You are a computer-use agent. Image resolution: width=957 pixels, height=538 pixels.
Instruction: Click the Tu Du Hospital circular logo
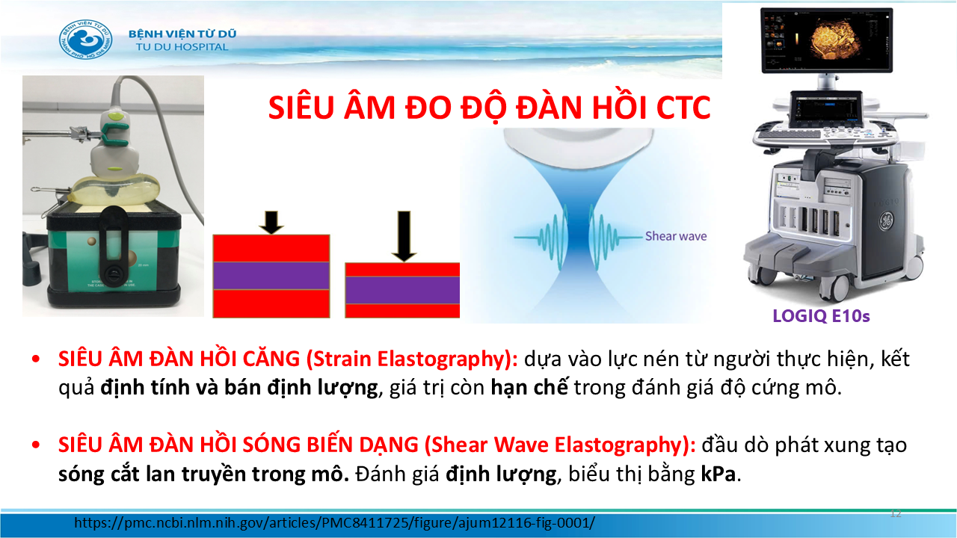pos(86,40)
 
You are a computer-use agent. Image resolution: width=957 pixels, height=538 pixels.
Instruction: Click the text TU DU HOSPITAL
pos(182,47)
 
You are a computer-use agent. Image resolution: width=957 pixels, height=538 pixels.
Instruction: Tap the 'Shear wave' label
pos(675,236)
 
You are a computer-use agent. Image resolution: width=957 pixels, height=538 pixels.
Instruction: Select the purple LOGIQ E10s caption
pos(821,316)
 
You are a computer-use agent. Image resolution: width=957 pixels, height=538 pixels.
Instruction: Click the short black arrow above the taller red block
pos(271,223)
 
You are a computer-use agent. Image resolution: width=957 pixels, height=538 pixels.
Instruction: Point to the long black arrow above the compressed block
pos(404,236)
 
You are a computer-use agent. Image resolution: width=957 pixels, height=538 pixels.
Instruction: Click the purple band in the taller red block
pos(271,276)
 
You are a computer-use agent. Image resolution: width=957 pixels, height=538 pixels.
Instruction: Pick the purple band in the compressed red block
pos(402,291)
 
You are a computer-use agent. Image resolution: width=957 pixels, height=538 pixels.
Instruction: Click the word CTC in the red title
pos(683,108)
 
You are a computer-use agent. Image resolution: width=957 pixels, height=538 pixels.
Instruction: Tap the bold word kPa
pos(718,474)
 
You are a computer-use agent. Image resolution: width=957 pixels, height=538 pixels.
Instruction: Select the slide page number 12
pos(896,513)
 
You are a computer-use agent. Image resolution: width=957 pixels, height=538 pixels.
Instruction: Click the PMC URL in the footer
pos(334,522)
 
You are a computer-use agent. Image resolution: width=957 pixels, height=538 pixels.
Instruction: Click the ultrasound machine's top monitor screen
pos(826,40)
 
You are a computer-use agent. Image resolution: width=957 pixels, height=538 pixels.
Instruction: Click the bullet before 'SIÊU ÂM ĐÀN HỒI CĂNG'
pos(36,359)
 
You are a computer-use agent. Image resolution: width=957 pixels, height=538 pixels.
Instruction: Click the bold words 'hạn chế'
pos(529,388)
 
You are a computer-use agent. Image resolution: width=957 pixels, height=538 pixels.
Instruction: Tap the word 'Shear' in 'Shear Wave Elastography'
pos(458,445)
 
